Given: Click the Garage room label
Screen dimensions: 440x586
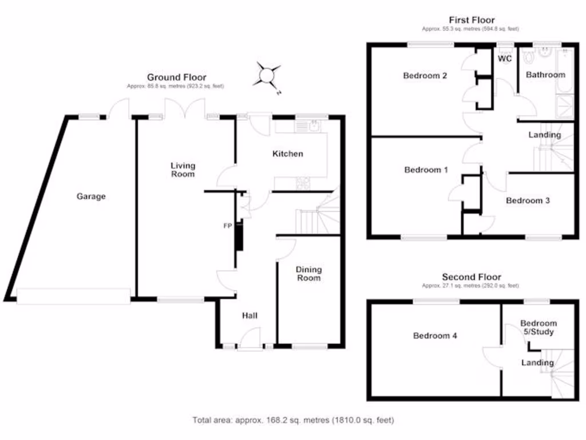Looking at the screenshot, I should pyautogui.click(x=92, y=197).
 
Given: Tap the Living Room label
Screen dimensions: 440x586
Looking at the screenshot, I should pyautogui.click(x=183, y=170).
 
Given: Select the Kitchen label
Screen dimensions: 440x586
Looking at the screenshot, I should pyautogui.click(x=287, y=154).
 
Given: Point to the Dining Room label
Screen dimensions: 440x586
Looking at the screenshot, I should pyautogui.click(x=308, y=273).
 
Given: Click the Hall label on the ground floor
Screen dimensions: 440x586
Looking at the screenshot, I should pyautogui.click(x=250, y=316).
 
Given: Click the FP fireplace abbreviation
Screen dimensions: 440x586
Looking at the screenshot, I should pyautogui.click(x=227, y=226).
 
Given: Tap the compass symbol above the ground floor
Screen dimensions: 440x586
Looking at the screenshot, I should pyautogui.click(x=267, y=75).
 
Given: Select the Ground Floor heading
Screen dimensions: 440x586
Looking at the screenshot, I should pyautogui.click(x=176, y=77).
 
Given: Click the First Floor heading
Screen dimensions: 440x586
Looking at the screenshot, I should pyautogui.click(x=472, y=20).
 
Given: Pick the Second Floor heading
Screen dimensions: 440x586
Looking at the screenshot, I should pyautogui.click(x=471, y=277).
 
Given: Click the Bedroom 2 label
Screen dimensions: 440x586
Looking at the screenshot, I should pyautogui.click(x=425, y=76).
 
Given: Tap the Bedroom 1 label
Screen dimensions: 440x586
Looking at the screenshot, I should pyautogui.click(x=426, y=170).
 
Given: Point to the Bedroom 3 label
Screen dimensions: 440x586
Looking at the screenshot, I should pyautogui.click(x=528, y=201).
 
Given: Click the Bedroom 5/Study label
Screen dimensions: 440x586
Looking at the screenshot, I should pyautogui.click(x=538, y=327).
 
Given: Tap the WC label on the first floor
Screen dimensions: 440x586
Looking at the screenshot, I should pyautogui.click(x=504, y=58).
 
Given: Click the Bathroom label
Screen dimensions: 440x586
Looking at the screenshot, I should pyautogui.click(x=545, y=74).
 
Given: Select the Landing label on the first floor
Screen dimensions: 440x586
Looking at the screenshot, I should pyautogui.click(x=544, y=135).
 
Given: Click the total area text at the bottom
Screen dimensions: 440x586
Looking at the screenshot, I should pyautogui.click(x=293, y=421).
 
